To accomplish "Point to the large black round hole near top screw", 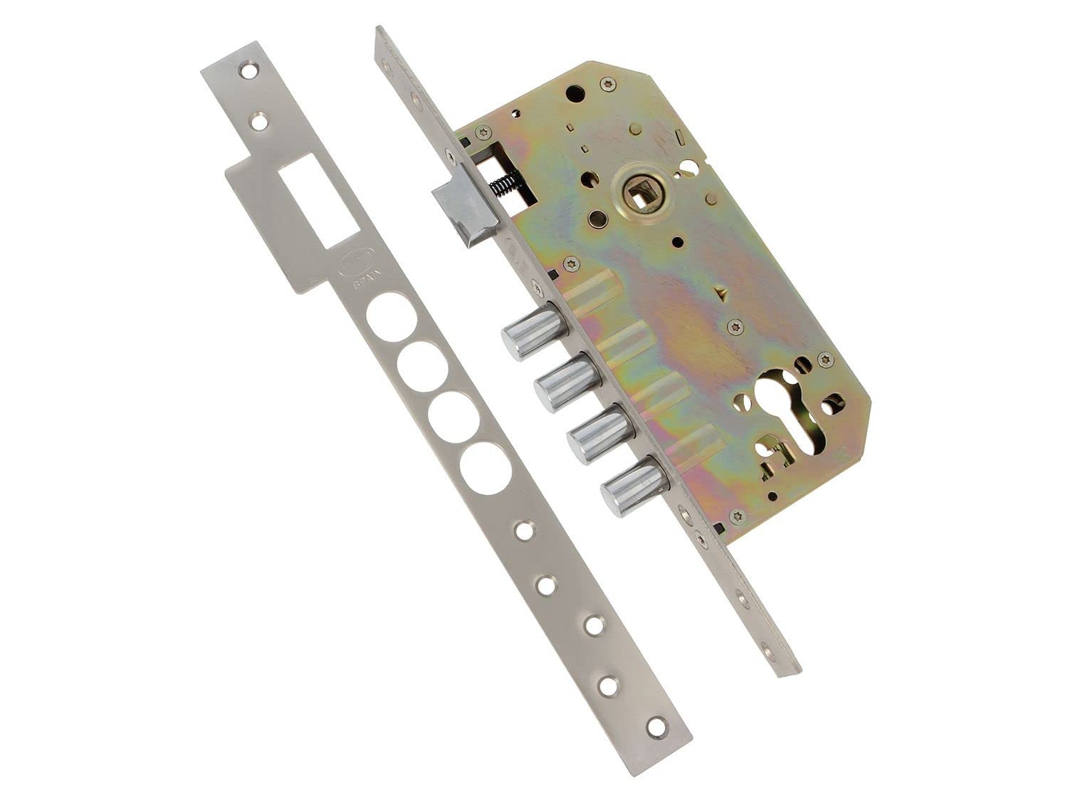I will (x=572, y=93).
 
